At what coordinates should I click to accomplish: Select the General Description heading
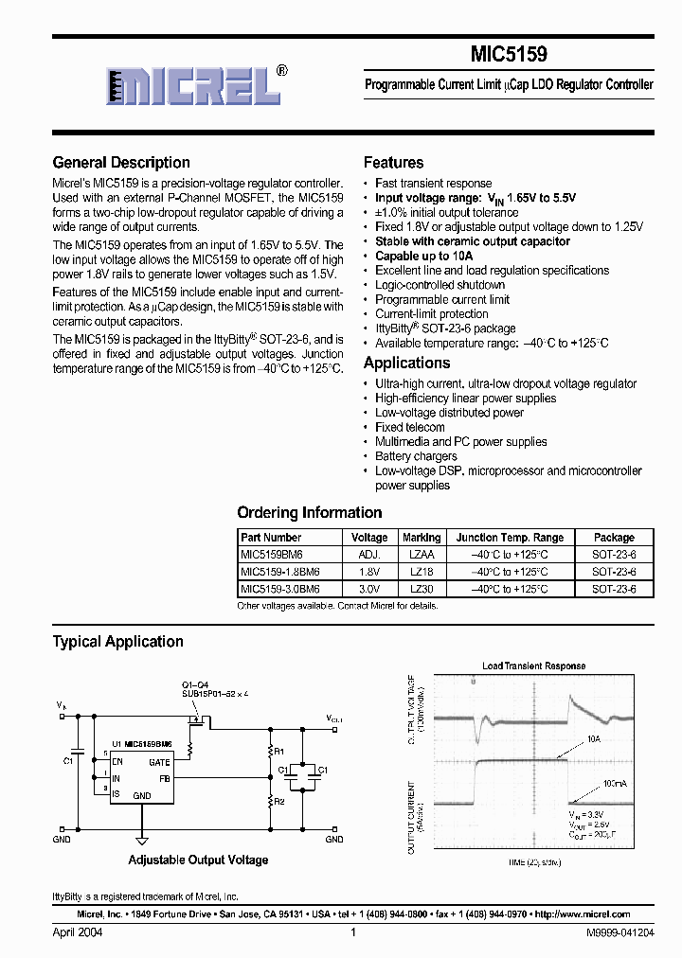pyautogui.click(x=121, y=163)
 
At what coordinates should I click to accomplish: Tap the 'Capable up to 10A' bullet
pyautogui.click(x=423, y=256)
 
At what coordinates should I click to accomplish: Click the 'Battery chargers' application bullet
pyautogui.click(x=416, y=456)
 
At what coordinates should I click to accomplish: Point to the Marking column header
pyautogui.click(x=422, y=538)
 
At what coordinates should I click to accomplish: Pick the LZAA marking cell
pyautogui.click(x=422, y=555)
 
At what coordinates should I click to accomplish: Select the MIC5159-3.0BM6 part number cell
pyautogui.click(x=280, y=589)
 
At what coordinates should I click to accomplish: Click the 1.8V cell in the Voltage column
pyautogui.click(x=370, y=572)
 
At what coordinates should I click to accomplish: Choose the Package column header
pyautogui.click(x=614, y=538)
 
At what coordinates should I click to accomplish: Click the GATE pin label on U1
pyautogui.click(x=159, y=762)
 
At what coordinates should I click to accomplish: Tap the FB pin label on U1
pyautogui.click(x=165, y=778)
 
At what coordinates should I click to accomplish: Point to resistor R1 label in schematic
pyautogui.click(x=278, y=752)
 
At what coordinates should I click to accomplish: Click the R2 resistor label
pyautogui.click(x=278, y=801)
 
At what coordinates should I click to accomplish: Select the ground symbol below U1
pyautogui.click(x=141, y=839)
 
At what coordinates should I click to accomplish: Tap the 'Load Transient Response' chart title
pyautogui.click(x=534, y=666)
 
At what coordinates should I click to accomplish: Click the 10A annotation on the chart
pyautogui.click(x=594, y=738)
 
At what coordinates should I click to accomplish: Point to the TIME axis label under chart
pyautogui.click(x=534, y=863)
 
